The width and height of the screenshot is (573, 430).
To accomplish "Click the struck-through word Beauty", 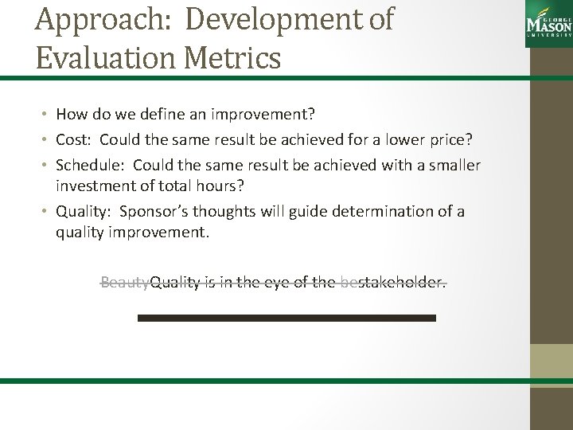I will point(125,282).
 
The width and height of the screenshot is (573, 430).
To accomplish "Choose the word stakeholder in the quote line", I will point(402,282).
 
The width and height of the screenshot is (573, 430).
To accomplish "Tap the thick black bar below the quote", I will point(286,318).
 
